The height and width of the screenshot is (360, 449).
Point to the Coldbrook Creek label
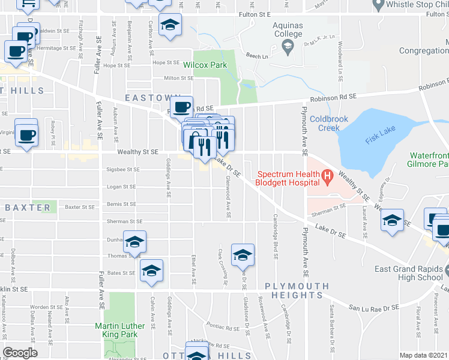click(329, 123)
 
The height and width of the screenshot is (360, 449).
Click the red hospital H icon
click(327, 176)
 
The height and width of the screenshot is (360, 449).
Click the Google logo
click(20, 353)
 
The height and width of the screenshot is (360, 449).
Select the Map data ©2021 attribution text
click(423, 355)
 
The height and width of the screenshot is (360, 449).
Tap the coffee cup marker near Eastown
click(181, 107)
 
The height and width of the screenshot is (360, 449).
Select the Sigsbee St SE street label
click(122, 170)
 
